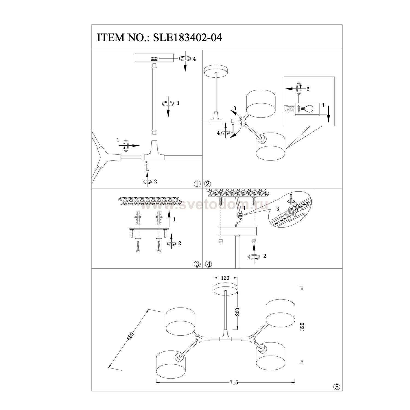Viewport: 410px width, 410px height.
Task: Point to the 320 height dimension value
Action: pyautogui.click(x=302, y=326)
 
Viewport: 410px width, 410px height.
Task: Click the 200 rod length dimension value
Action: pyautogui.click(x=237, y=312)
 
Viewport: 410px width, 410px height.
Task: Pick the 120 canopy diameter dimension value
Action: pyautogui.click(x=225, y=278)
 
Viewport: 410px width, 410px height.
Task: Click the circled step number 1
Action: pyautogui.click(x=197, y=184)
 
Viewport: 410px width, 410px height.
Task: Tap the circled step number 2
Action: pyautogui.click(x=208, y=184)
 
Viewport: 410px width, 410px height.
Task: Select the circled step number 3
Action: pyautogui.click(x=197, y=264)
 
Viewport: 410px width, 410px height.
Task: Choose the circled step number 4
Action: pyautogui.click(x=208, y=264)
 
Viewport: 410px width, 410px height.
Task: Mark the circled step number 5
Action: pyautogui.click(x=336, y=386)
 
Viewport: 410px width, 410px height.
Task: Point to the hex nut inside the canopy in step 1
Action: pyautogui.click(x=154, y=59)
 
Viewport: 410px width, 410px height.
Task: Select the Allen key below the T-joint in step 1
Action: pyautogui.click(x=147, y=166)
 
